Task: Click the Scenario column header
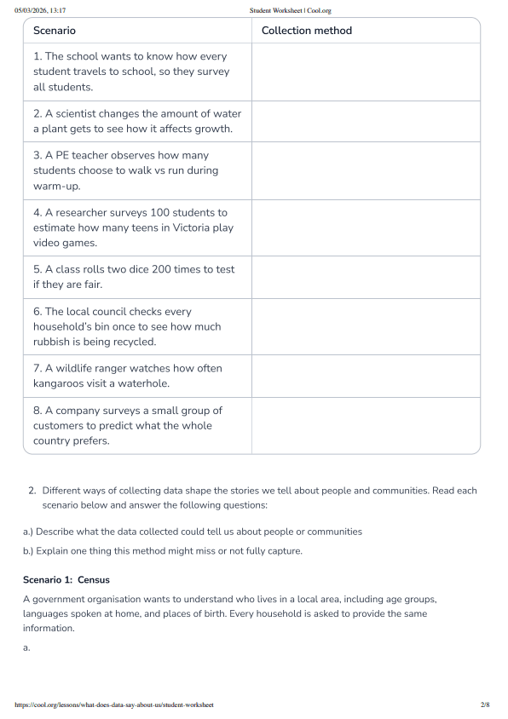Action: coord(55,31)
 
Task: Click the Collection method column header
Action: coord(306,31)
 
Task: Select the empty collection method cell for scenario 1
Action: coord(366,72)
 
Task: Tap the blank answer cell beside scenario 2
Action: coord(366,121)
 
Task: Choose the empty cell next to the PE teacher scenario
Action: coord(366,170)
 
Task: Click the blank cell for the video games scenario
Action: coord(366,227)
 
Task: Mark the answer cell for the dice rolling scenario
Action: coord(366,277)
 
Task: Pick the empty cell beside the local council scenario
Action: coord(366,326)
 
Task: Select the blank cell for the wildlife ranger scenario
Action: coord(366,376)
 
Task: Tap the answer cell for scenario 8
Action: coord(366,425)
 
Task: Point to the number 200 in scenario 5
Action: coord(181,269)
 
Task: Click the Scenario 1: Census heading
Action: coord(66,580)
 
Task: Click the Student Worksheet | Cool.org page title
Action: coord(290,10)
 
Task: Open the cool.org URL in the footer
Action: coord(113,705)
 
